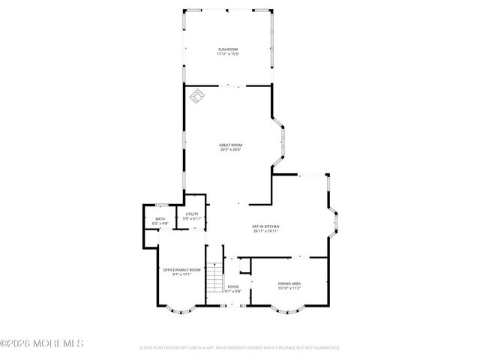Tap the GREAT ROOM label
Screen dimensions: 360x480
click(x=230, y=145)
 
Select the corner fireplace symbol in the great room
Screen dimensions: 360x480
click(x=199, y=95)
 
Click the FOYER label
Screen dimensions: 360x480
click(x=233, y=286)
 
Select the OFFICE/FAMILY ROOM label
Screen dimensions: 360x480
click(x=182, y=269)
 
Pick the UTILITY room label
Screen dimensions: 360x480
click(x=192, y=214)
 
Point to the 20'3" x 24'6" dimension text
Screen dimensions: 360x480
click(x=230, y=150)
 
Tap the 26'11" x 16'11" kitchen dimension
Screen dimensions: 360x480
click(x=265, y=231)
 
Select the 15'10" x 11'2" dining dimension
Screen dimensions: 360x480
click(x=289, y=287)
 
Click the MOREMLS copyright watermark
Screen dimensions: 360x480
click(x=42, y=343)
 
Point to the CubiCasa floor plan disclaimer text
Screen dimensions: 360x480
click(x=240, y=348)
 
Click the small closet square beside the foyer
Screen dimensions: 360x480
click(x=244, y=265)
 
